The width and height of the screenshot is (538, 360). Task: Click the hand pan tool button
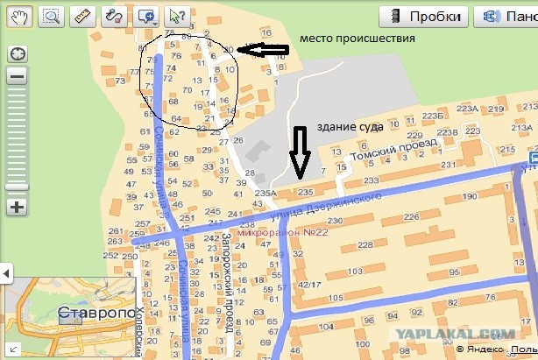coord(19,15)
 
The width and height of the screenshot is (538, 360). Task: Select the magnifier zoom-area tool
coord(51,15)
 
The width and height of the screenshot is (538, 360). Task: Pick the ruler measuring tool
coord(82,15)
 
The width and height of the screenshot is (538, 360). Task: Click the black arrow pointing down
coord(301,151)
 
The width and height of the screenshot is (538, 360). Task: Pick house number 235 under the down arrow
coord(305,191)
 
